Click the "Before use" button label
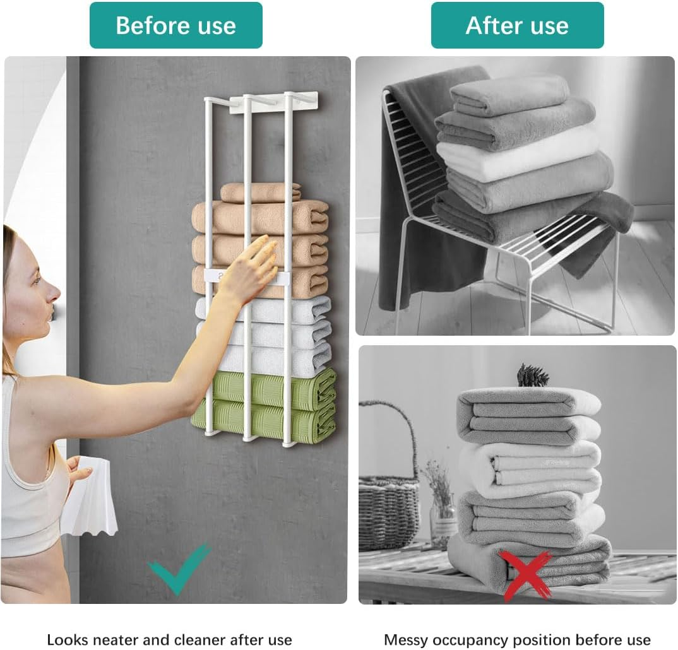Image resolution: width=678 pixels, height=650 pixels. (x=175, y=25)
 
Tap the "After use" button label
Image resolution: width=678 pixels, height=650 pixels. (x=517, y=25)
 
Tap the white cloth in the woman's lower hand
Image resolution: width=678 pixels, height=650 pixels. (x=90, y=499)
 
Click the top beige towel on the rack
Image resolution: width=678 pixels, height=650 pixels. (x=260, y=192)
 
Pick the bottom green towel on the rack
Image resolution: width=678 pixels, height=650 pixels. (x=265, y=422)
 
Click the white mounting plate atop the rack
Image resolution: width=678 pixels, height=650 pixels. (x=273, y=103)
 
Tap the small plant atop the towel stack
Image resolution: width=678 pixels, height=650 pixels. (x=532, y=376)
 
